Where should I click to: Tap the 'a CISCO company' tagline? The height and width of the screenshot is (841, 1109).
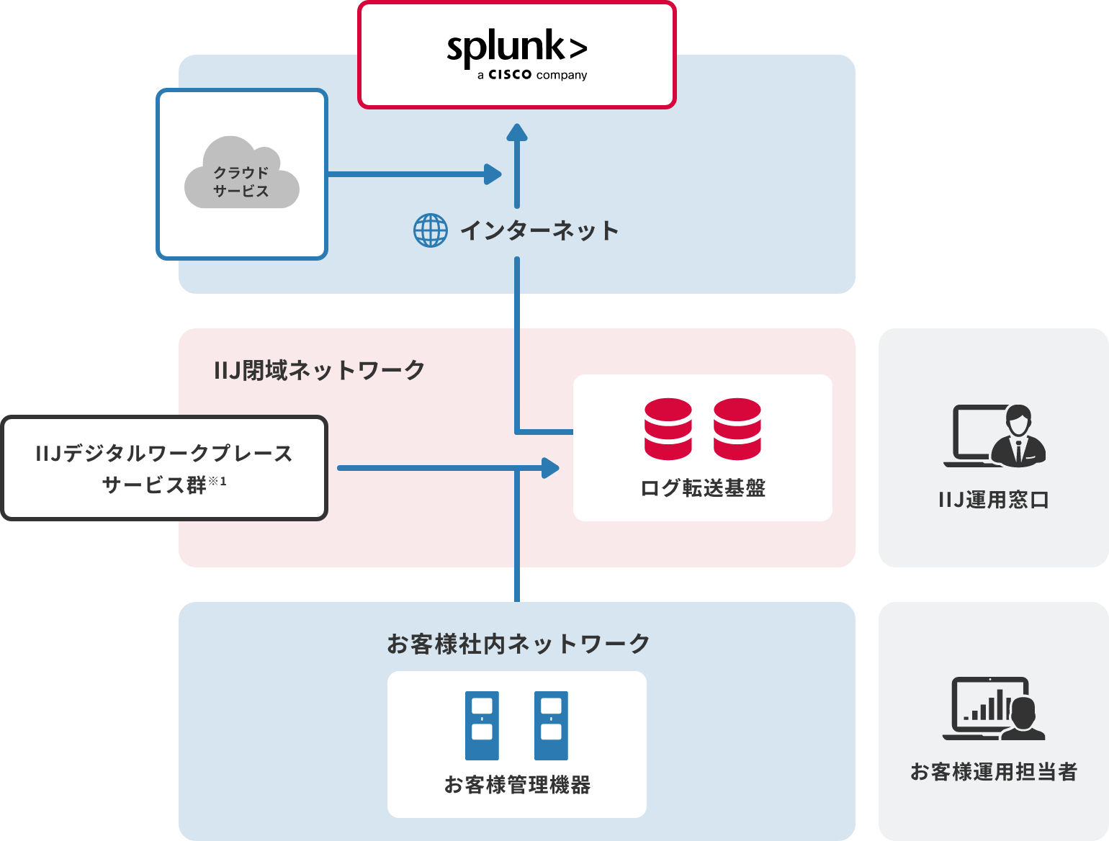pyautogui.click(x=532, y=75)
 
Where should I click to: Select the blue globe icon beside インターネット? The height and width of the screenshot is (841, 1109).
pyautogui.click(x=431, y=230)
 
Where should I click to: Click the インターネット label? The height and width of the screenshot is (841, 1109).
pyautogui.click(x=539, y=230)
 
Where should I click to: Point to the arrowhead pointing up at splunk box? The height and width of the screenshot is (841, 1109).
pyautogui.click(x=517, y=132)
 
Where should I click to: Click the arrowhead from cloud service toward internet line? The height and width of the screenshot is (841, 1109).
pyautogui.click(x=493, y=174)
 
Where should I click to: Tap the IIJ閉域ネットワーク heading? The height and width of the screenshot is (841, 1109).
pyautogui.click(x=319, y=370)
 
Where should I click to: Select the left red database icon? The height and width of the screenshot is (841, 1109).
pyautogui.click(x=668, y=429)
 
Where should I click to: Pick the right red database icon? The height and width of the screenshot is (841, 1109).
pyautogui.click(x=737, y=429)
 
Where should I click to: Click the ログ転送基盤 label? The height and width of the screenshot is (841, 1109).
pyautogui.click(x=703, y=488)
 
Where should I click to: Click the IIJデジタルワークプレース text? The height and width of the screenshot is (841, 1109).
pyautogui.click(x=164, y=454)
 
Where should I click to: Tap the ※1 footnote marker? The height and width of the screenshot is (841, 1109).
pyautogui.click(x=217, y=481)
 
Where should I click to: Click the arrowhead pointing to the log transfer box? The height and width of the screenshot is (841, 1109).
pyautogui.click(x=551, y=468)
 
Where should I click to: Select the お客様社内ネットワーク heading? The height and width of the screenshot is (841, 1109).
pyautogui.click(x=518, y=644)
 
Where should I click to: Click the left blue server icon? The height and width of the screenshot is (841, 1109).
pyautogui.click(x=482, y=726)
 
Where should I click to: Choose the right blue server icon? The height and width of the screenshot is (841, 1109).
pyautogui.click(x=551, y=726)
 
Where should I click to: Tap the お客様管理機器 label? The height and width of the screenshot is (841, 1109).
pyautogui.click(x=517, y=785)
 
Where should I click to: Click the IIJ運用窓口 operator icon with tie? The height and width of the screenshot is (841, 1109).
pyautogui.click(x=1018, y=436)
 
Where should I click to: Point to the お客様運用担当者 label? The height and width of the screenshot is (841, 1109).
pyautogui.click(x=993, y=772)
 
